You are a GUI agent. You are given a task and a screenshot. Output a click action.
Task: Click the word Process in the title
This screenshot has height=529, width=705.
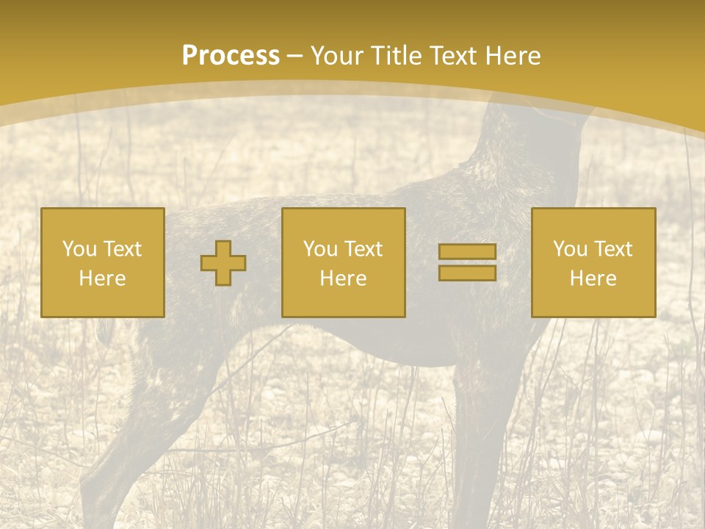pyautogui.click(x=231, y=56)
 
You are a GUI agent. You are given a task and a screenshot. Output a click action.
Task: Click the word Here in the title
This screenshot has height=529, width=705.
pyautogui.click(x=515, y=56)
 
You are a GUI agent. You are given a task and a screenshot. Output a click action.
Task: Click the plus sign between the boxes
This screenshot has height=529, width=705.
pyautogui.click(x=223, y=263)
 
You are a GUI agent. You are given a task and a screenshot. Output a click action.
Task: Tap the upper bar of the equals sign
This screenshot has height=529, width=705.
pyautogui.click(x=467, y=251)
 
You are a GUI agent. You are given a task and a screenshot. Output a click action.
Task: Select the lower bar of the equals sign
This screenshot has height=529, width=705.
pyautogui.click(x=467, y=273)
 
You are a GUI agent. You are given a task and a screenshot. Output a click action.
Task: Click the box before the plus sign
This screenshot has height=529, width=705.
pyautogui.click(x=103, y=220)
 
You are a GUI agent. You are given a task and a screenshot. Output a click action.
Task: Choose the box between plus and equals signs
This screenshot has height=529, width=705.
pyautogui.click(x=344, y=220)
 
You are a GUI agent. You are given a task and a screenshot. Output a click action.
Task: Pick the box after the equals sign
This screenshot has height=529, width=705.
pyautogui.click(x=593, y=220)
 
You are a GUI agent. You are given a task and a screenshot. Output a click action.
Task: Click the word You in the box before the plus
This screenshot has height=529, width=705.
pyautogui.click(x=79, y=249)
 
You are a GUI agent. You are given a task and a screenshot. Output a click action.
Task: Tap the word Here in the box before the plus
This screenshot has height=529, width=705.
pyautogui.click(x=103, y=278)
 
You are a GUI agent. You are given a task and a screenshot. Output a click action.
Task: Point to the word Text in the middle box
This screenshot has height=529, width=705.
pyautogui.click(x=364, y=249)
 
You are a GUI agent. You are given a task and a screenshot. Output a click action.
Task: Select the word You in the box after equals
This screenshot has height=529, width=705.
pyautogui.click(x=570, y=249)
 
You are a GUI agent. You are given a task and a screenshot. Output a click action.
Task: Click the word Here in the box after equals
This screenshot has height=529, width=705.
pyautogui.click(x=593, y=278)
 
